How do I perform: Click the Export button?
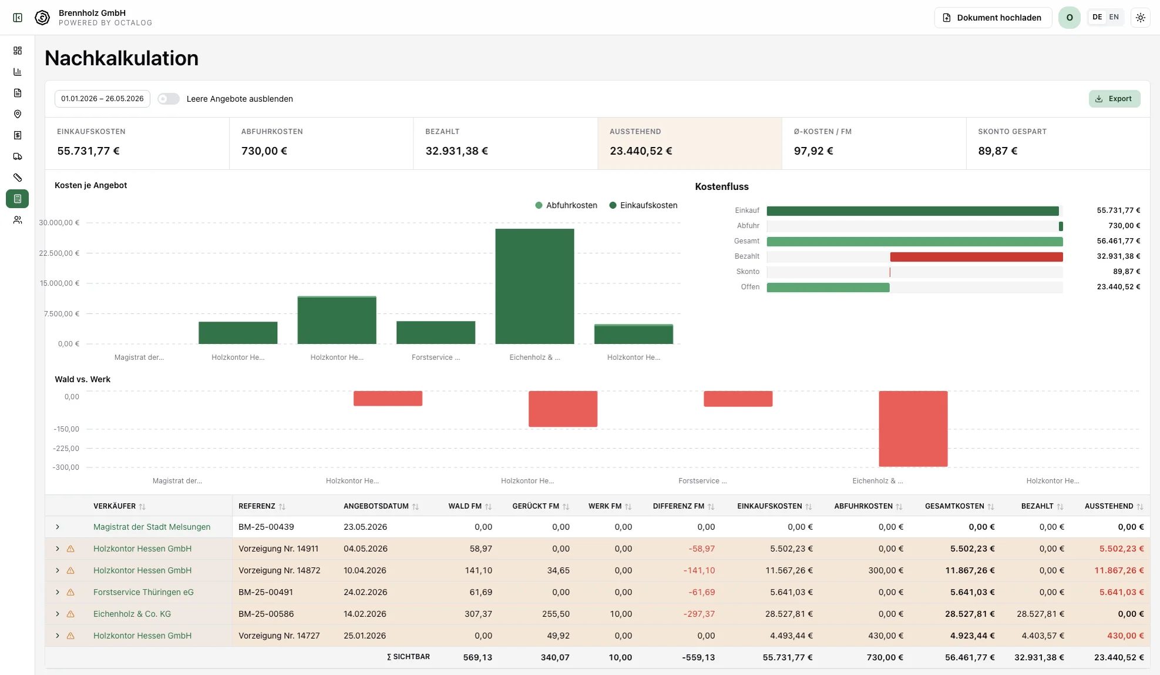point(1114,99)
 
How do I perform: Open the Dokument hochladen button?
point(993,18)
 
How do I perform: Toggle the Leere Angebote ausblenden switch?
point(168,99)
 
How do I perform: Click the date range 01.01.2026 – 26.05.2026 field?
point(102,99)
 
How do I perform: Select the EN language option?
point(1114,17)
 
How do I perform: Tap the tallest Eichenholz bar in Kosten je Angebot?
point(534,286)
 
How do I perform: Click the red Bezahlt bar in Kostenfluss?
point(976,257)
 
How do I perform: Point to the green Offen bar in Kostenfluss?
point(828,288)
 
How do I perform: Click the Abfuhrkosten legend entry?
point(566,205)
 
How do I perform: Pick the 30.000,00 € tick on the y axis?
point(59,223)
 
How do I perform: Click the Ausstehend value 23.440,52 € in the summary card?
point(641,151)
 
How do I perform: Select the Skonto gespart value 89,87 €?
point(997,151)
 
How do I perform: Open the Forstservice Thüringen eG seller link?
point(143,592)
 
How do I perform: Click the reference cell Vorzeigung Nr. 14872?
point(280,570)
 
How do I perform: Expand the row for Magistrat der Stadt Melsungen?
point(58,527)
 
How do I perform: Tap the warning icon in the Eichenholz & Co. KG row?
point(70,614)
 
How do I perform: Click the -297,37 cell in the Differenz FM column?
point(699,614)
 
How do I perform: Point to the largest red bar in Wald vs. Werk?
point(913,429)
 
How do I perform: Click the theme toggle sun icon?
point(1140,18)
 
